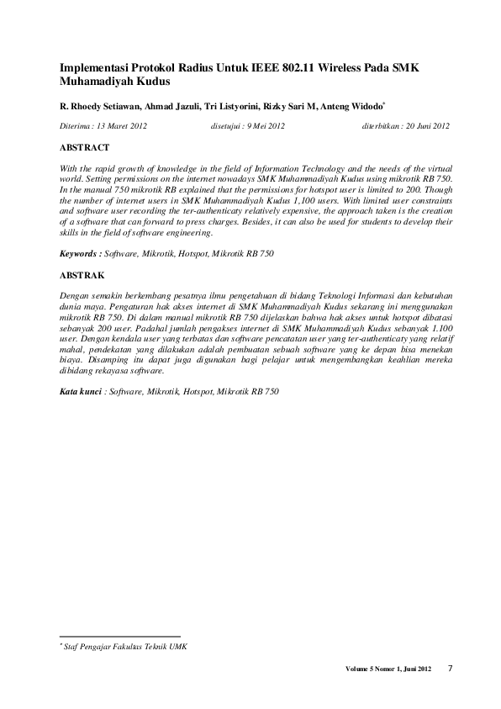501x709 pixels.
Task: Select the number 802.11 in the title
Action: pos(287,68)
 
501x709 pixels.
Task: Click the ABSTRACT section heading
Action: pos(85,146)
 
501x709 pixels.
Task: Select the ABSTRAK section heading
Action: pos(82,275)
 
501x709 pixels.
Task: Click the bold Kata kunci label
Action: pos(82,392)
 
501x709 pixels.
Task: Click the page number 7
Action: pos(450,669)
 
